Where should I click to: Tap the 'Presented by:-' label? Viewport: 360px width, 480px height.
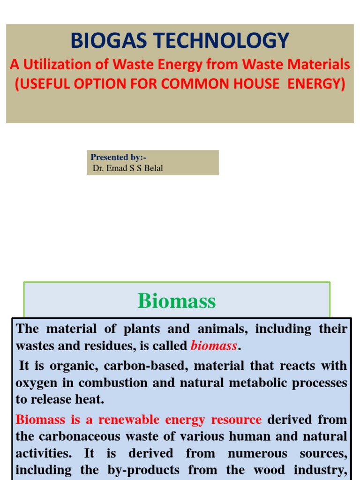tap(118, 157)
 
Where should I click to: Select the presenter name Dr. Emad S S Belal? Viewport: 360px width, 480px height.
tap(127, 168)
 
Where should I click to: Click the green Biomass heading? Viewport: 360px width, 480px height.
tap(177, 301)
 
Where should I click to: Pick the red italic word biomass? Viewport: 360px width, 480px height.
tap(214, 346)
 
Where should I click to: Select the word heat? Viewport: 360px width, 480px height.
tap(91, 400)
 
